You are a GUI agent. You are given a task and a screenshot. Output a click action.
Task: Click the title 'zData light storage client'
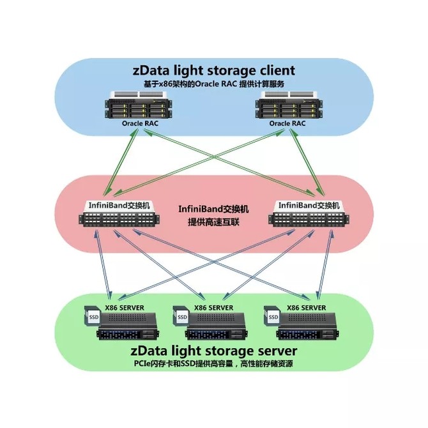pyautogui.click(x=214, y=71)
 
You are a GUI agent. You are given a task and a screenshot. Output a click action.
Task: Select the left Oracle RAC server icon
pyautogui.click(x=139, y=105)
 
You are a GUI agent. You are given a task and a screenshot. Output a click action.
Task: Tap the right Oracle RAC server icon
pyautogui.click(x=289, y=105)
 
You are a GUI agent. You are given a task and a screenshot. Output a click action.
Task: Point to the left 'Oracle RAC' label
pyautogui.click(x=140, y=123)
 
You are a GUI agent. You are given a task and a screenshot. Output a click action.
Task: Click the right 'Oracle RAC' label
pyautogui.click(x=287, y=123)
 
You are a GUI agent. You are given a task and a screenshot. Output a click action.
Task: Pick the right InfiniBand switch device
pyautogui.click(x=309, y=215)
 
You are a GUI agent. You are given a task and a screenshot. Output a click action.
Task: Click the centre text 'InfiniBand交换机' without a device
pyautogui.click(x=213, y=209)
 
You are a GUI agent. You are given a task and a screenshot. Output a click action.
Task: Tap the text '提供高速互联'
pyautogui.click(x=213, y=222)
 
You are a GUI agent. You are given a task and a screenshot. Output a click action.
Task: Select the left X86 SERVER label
pyautogui.click(x=125, y=308)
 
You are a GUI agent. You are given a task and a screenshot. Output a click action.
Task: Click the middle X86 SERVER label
pyautogui.click(x=214, y=308)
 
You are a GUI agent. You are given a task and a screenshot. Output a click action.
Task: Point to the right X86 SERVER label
pyautogui.click(x=306, y=308)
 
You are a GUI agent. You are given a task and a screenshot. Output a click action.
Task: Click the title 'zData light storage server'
pyautogui.click(x=214, y=351)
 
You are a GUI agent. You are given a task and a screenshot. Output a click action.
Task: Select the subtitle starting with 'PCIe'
pyautogui.click(x=213, y=363)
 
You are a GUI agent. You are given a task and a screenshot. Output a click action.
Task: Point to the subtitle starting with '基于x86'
pyautogui.click(x=214, y=84)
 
